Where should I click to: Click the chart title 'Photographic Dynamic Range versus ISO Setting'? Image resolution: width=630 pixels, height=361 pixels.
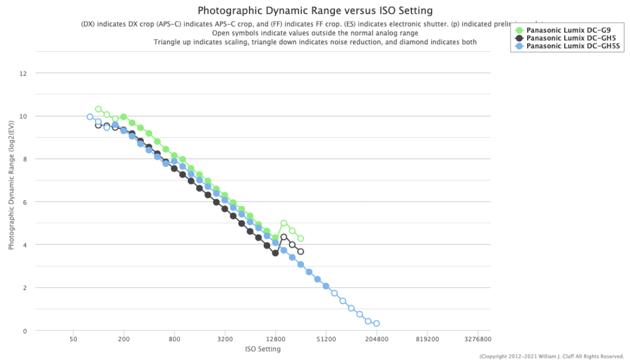tap(315, 10)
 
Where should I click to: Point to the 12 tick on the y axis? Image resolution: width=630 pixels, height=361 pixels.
tap(23, 73)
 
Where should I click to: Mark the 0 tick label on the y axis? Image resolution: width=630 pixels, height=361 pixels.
tap(25, 331)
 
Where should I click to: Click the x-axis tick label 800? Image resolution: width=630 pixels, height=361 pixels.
tap(174, 339)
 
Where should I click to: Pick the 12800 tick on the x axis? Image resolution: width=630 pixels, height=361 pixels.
tap(275, 339)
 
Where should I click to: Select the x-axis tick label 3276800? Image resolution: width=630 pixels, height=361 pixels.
tap(478, 339)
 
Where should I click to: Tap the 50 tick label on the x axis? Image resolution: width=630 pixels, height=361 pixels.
tap(73, 339)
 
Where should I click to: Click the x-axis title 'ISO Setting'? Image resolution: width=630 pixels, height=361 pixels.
tap(263, 349)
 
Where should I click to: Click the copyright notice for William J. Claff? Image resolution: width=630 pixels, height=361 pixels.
tap(552, 356)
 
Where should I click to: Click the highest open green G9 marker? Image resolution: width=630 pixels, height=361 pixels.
tap(98, 109)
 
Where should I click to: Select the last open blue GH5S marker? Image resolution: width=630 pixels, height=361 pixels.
tap(376, 323)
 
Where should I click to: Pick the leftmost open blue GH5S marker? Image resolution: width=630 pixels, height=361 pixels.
tap(90, 116)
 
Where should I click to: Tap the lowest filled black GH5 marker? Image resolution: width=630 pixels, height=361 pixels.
tap(275, 253)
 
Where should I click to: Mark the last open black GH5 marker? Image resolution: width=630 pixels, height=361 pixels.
tap(301, 251)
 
